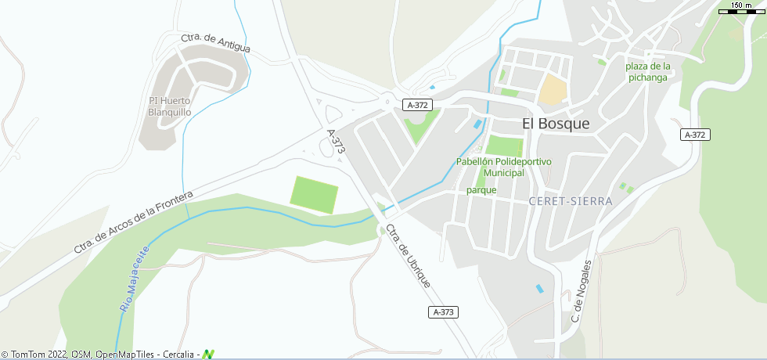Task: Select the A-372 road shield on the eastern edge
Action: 695,135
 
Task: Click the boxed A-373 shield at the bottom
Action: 443,312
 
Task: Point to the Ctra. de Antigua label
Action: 215,44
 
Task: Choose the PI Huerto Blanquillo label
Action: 170,106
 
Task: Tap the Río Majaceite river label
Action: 134,279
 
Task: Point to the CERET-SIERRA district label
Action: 571,201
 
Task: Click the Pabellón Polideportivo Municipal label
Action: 503,167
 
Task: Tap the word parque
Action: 481,189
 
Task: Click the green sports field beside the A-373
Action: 315,194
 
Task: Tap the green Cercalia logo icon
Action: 208,355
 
